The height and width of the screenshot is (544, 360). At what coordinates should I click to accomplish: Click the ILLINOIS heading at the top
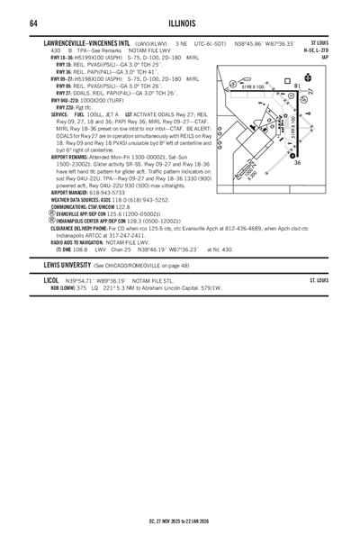pos(180,23)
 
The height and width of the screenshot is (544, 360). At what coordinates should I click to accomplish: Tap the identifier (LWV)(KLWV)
pos(153,43)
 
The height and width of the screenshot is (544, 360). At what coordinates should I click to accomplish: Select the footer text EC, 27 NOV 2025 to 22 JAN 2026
pos(180,521)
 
